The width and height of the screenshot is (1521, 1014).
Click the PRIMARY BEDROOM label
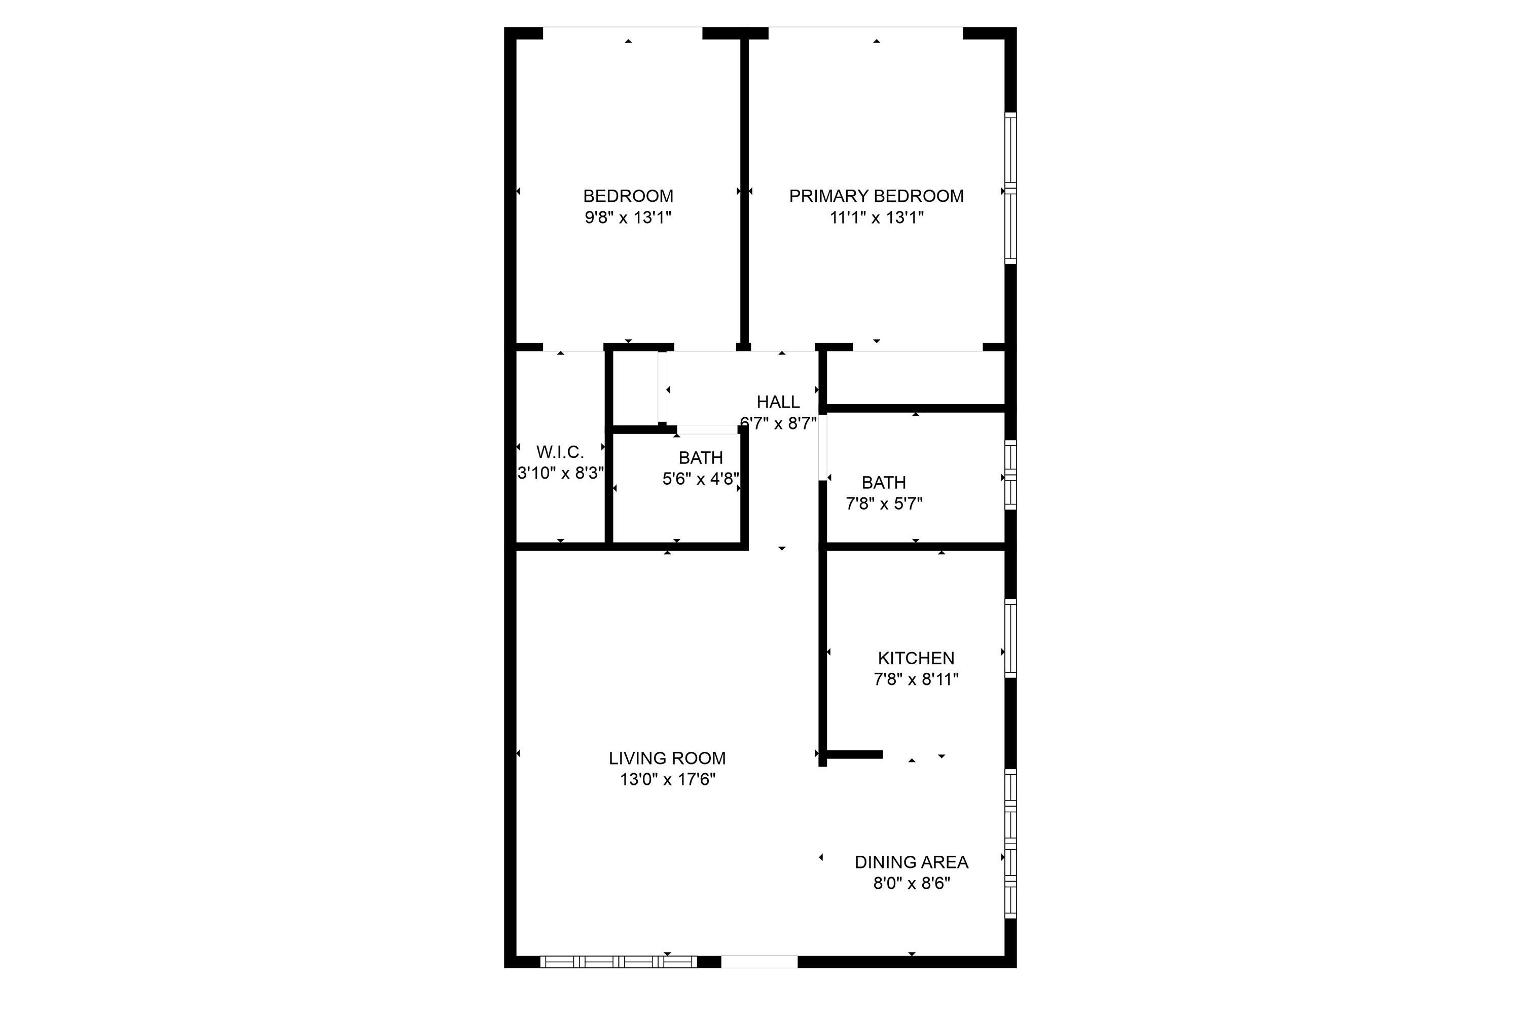pyautogui.click(x=876, y=196)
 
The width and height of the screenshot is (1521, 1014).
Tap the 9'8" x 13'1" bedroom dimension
pyautogui.click(x=628, y=218)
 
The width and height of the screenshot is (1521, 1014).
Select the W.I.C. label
pyautogui.click(x=560, y=452)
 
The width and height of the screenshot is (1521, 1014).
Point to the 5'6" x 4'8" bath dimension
pyautogui.click(x=701, y=479)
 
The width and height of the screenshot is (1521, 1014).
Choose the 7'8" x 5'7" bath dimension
pyautogui.click(x=884, y=504)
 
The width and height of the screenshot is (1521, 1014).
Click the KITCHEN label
pyautogui.click(x=916, y=658)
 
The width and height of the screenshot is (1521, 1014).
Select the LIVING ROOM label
pyautogui.click(x=667, y=758)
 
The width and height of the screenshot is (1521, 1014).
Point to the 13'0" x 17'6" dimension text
pyautogui.click(x=667, y=779)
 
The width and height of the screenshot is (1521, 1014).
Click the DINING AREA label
pyautogui.click(x=911, y=862)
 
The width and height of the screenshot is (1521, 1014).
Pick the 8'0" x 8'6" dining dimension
pyautogui.click(x=911, y=883)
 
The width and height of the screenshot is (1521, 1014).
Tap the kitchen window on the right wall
pyautogui.click(x=1010, y=638)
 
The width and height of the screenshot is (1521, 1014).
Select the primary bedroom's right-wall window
pyautogui.click(x=1010, y=188)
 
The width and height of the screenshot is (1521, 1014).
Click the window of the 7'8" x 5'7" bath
pyautogui.click(x=1010, y=476)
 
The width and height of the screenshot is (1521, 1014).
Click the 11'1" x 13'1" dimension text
pyautogui.click(x=876, y=218)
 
